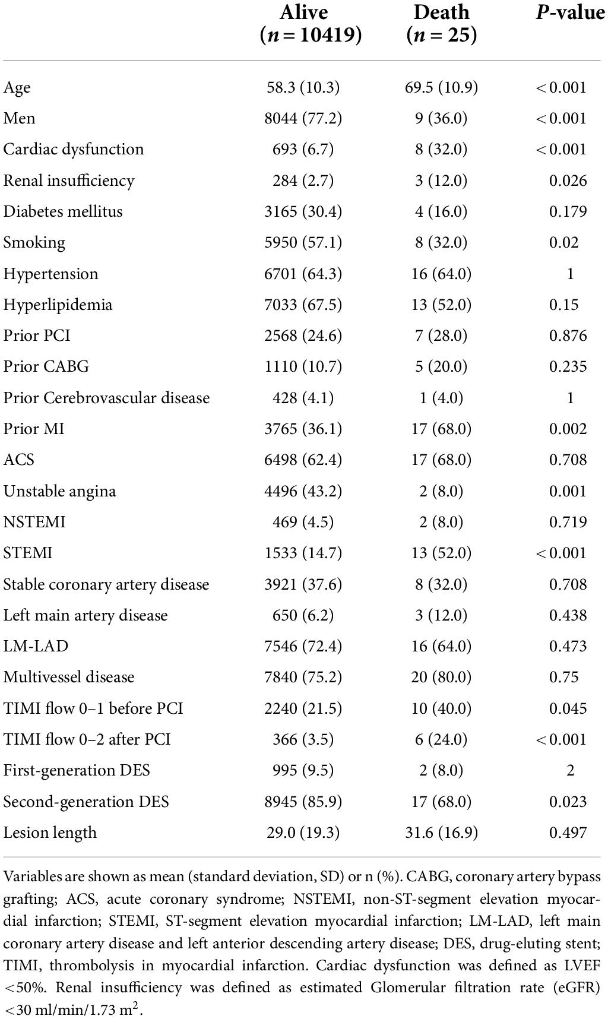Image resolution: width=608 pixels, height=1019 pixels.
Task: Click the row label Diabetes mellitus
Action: pyautogui.click(x=63, y=211)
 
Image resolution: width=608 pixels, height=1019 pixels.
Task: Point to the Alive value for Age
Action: pyautogui.click(x=303, y=87)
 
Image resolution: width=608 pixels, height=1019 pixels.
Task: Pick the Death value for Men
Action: pyautogui.click(x=441, y=118)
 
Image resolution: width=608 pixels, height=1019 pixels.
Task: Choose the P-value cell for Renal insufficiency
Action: pyautogui.click(x=568, y=181)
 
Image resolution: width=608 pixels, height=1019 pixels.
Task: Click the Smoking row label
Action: pyautogui.click(x=34, y=242)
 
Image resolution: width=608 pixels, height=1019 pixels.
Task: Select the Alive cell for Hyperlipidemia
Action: pyautogui.click(x=303, y=305)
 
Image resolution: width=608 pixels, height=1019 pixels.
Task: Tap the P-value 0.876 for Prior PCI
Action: pyautogui.click(x=568, y=336)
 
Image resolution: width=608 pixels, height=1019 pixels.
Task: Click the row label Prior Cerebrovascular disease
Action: pyautogui.click(x=106, y=398)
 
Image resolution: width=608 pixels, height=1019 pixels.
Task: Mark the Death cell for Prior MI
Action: pyautogui.click(x=441, y=429)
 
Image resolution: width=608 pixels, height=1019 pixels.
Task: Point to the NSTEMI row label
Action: pyautogui.click(x=34, y=522)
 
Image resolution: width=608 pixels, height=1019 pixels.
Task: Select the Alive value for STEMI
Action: pyautogui.click(x=303, y=553)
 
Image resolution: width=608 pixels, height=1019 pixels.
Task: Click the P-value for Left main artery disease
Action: pyautogui.click(x=568, y=615)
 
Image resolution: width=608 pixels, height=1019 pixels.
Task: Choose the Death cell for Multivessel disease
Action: pyautogui.click(x=441, y=677)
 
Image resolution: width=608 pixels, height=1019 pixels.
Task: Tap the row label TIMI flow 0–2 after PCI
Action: pyautogui.click(x=87, y=739)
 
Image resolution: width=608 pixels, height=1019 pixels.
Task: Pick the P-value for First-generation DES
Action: pyautogui.click(x=570, y=770)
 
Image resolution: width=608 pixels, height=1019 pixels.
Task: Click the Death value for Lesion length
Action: pyautogui.click(x=441, y=833)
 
